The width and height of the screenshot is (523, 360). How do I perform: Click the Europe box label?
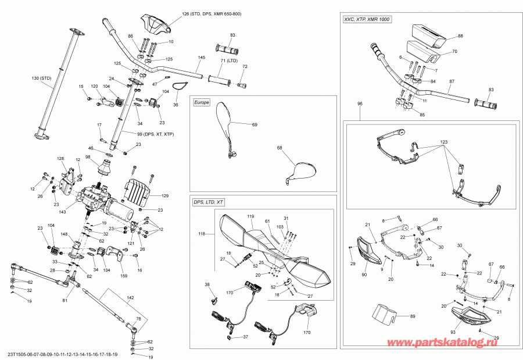tap(201, 102)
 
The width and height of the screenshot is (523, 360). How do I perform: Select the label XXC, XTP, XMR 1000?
tap(367, 20)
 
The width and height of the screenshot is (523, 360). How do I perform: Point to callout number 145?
tap(202, 58)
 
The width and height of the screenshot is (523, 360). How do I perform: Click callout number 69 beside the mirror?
tap(254, 124)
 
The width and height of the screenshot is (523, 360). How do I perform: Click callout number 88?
tap(460, 36)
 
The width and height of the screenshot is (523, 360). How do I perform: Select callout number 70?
tap(455, 51)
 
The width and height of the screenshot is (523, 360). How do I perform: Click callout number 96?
tap(360, 104)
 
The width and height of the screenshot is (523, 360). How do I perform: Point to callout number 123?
tap(444, 142)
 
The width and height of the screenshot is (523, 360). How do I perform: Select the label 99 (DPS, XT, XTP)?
tap(152, 134)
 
